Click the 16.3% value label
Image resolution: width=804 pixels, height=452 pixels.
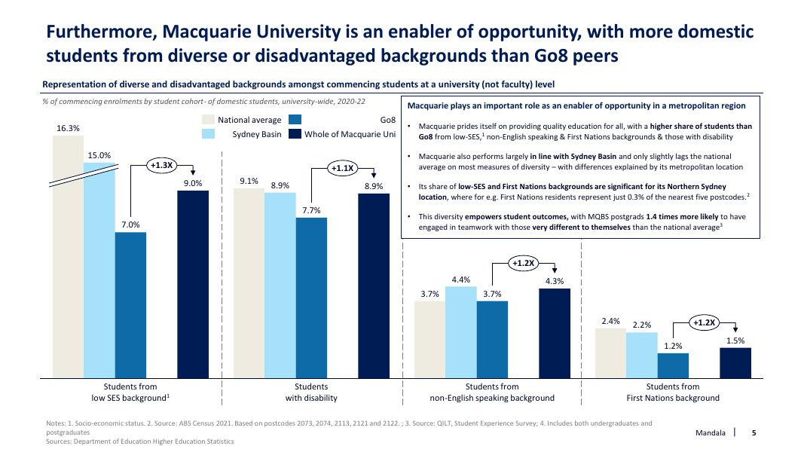pyautogui.click(x=68, y=128)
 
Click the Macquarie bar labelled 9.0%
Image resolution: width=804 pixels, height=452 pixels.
pyautogui.click(x=193, y=283)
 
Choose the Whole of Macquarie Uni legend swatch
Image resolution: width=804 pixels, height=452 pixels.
pyautogui.click(x=295, y=134)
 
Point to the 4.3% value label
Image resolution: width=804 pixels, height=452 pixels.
pyautogui.click(x=555, y=282)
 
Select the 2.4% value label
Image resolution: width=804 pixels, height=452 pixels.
pyautogui.click(x=610, y=322)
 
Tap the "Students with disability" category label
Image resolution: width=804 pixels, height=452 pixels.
pyautogui.click(x=311, y=392)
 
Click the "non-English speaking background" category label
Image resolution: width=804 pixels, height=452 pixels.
pyautogui.click(x=492, y=398)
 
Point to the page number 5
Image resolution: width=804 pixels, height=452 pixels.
pyautogui.click(x=754, y=433)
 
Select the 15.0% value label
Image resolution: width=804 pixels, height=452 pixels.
pyautogui.click(x=99, y=155)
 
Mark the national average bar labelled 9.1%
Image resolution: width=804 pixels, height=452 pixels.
pyautogui.click(x=249, y=282)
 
